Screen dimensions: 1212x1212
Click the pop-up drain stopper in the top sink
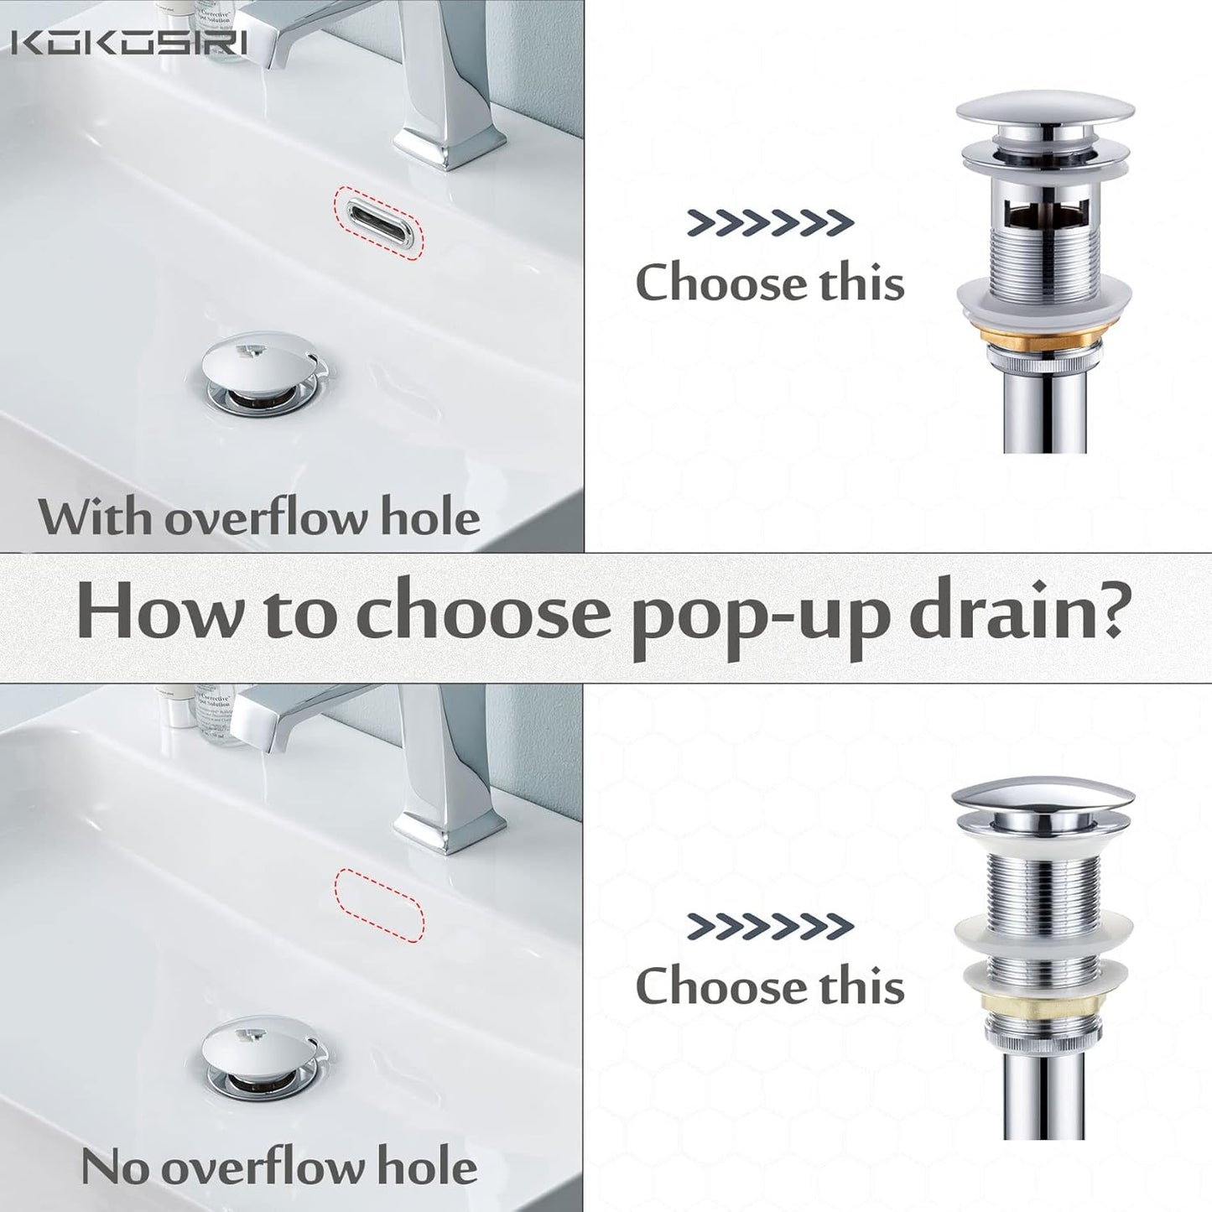(260, 362)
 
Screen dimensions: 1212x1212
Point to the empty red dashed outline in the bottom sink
(380, 902)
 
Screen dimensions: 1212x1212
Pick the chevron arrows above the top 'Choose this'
(770, 222)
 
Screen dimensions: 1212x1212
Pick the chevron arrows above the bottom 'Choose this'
(770, 926)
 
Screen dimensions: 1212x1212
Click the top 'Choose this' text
(770, 283)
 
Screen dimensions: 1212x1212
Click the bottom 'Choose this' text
(770, 986)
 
